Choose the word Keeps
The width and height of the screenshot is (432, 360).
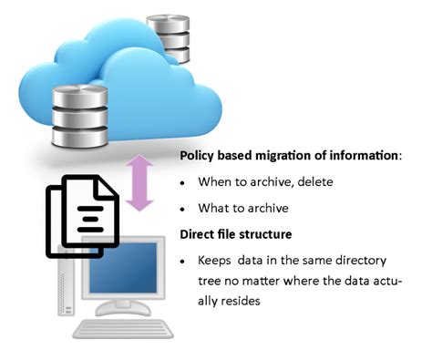[x=214, y=260]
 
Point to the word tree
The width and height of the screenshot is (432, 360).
[x=209, y=279]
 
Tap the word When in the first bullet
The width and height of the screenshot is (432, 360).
[x=215, y=181]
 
